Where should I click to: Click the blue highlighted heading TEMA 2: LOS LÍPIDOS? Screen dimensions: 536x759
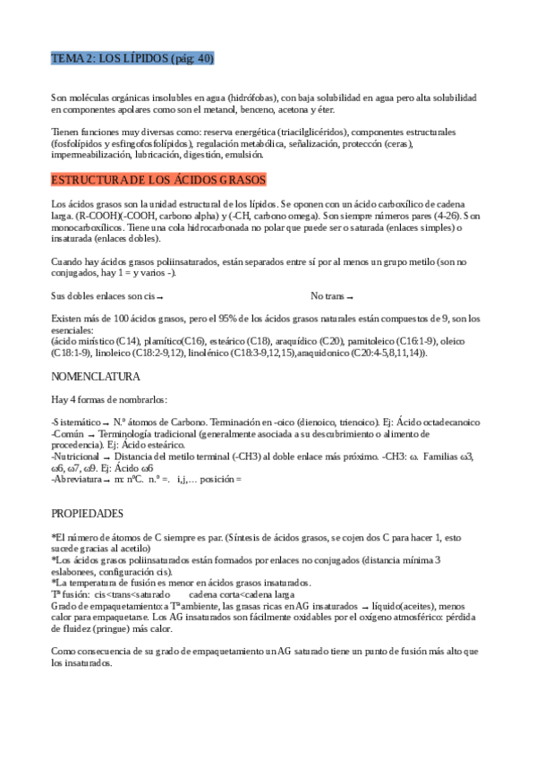coord(132,59)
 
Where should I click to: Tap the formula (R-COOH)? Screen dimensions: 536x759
coord(94,216)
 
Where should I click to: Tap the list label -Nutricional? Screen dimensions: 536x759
coord(75,456)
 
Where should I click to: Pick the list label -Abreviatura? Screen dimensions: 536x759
coord(77,479)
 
